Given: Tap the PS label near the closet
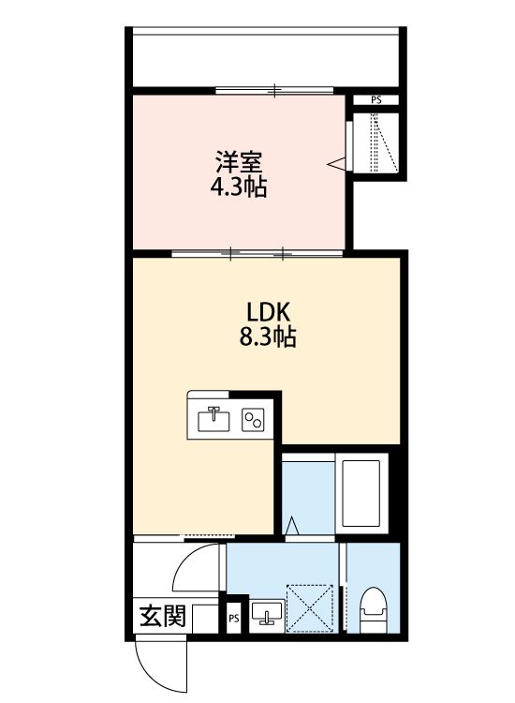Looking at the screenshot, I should coord(376,99).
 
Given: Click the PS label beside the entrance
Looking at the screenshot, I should coord(234,618).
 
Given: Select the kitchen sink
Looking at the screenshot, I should coord(214,419).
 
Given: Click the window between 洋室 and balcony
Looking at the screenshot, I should coord(273,90).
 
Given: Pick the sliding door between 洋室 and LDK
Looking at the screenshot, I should coord(257,252).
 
